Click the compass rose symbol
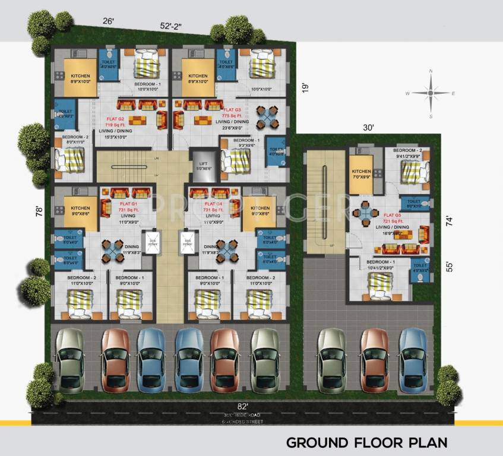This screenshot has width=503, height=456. point(430,93)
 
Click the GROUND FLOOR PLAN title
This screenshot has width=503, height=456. point(366,442)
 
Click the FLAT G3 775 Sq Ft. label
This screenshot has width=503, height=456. point(232,113)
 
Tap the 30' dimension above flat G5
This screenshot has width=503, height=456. point(368,127)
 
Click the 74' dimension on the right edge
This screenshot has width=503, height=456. point(449,221)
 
